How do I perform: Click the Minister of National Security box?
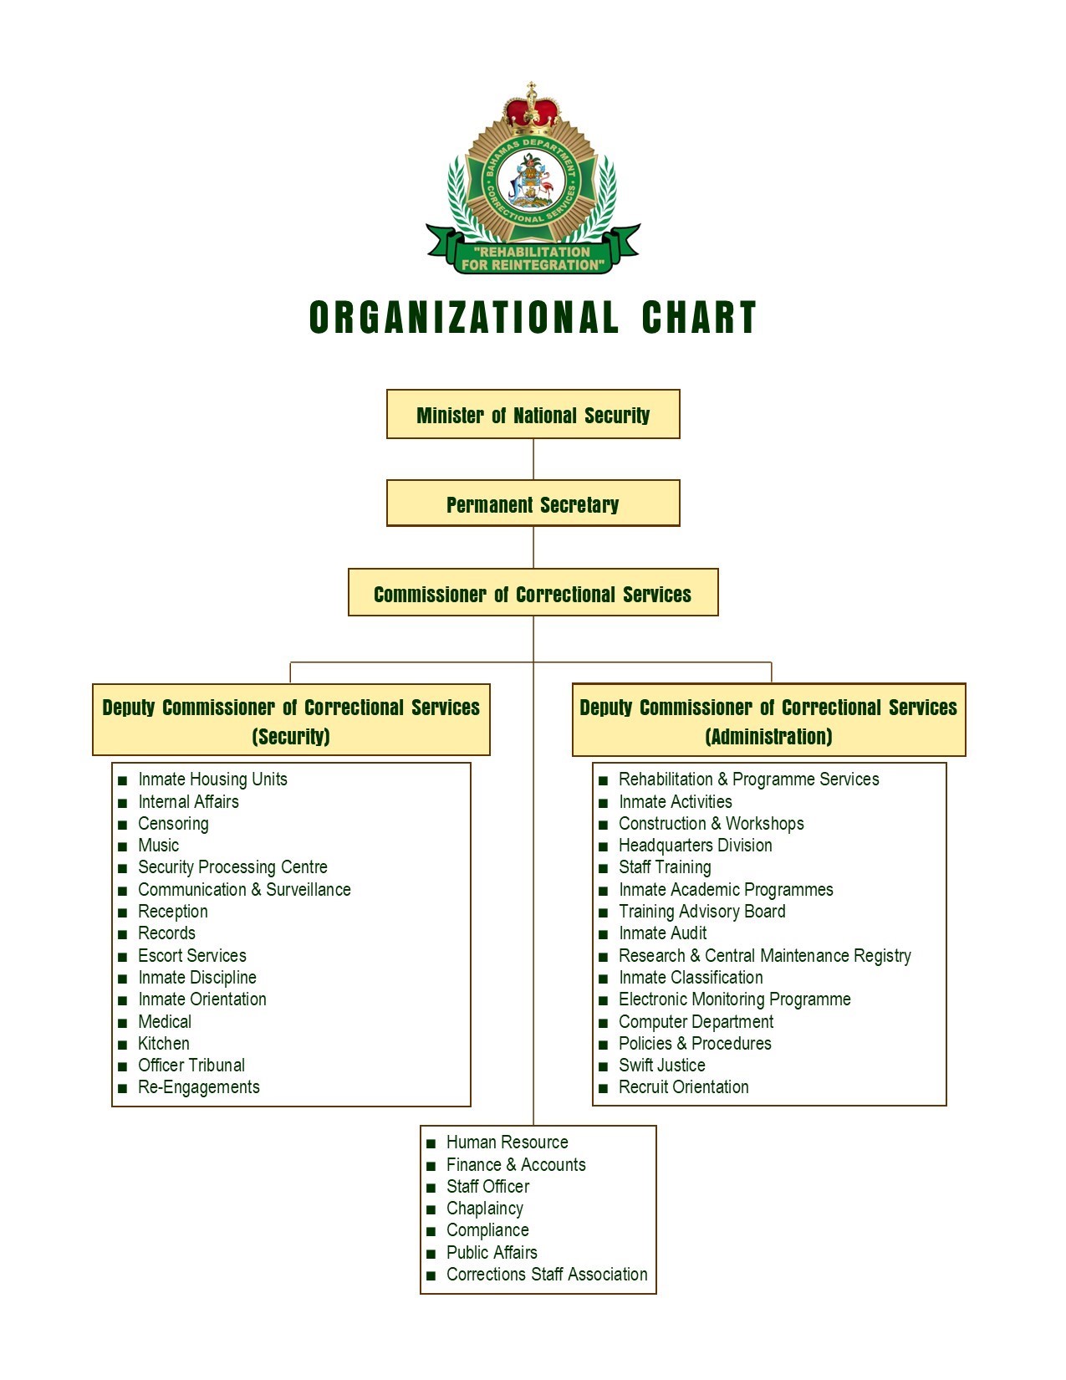tap(533, 414)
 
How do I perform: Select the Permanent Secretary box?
tap(533, 503)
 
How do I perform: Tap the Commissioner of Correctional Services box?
tap(533, 592)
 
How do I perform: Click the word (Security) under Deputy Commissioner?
tap(291, 737)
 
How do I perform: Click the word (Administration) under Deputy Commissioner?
tap(768, 737)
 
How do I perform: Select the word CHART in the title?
tap(698, 317)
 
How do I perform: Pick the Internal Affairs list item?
tap(189, 801)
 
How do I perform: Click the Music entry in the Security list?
tap(159, 846)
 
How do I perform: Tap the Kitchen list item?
tap(164, 1044)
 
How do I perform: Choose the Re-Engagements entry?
tap(199, 1087)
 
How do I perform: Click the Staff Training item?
tap(665, 867)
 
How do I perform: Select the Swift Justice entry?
tap(661, 1065)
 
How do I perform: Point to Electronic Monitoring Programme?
tap(735, 999)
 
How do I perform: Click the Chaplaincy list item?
tap(484, 1209)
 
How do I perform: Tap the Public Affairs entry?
tap(492, 1252)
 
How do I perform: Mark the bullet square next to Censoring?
tap(123, 825)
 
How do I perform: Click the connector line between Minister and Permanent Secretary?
tap(533, 459)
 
